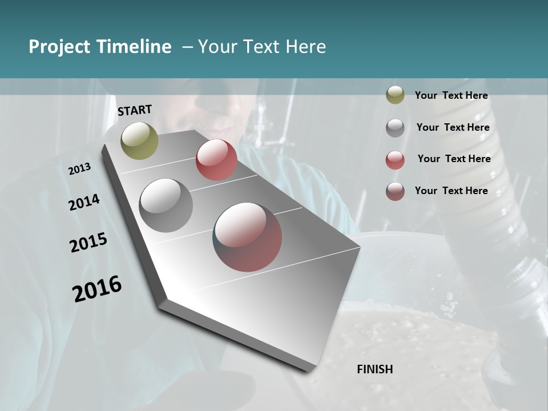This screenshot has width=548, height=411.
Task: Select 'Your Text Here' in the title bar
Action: tap(262, 47)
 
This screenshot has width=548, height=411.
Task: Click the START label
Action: tap(135, 110)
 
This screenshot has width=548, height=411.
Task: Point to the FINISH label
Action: tap(375, 369)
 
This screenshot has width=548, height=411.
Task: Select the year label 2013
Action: tap(80, 169)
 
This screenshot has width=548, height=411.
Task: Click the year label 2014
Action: tap(84, 203)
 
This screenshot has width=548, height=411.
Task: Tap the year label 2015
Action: tap(88, 243)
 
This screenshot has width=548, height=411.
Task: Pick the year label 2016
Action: tap(97, 289)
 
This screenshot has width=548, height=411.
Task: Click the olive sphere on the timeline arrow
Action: tap(140, 140)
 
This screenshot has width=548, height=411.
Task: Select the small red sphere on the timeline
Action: tap(216, 160)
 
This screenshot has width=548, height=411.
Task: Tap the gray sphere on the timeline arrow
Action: tap(166, 205)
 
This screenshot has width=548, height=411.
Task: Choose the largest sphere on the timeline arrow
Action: tap(247, 237)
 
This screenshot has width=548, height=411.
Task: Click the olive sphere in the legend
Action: tap(395, 95)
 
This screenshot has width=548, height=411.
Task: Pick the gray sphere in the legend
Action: tap(395, 128)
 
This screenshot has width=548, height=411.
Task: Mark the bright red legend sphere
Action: tap(395, 160)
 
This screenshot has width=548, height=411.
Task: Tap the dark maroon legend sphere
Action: tap(395, 191)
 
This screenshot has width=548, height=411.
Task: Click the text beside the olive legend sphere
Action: tap(452, 96)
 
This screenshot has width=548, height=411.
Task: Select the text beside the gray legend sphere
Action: tap(453, 127)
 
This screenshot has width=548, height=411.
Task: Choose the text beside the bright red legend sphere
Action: tap(454, 159)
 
